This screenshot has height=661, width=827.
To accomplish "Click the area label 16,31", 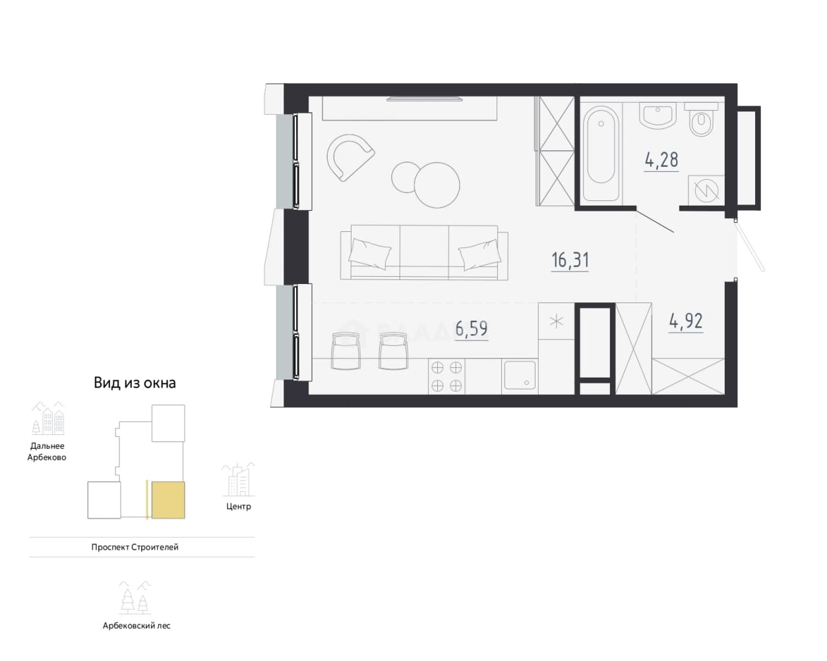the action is (570, 260).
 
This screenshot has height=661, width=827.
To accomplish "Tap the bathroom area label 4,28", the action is (661, 159).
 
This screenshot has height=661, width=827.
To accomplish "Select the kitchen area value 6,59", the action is (472, 329).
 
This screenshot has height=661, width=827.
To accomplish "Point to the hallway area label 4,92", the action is (686, 321).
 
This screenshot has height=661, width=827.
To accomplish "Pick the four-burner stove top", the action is (446, 376).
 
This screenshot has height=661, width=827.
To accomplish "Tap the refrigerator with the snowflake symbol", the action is (556, 322).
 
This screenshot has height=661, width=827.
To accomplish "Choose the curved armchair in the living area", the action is (350, 157).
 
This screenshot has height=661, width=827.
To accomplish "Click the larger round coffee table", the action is (437, 185).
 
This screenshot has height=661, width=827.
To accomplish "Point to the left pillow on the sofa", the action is (370, 253).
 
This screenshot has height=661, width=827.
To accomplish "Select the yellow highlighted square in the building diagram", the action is (168, 500).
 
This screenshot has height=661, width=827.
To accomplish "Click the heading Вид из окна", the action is (135, 383).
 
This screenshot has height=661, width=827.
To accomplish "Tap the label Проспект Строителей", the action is (135, 547).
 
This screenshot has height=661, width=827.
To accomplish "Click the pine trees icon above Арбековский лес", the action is (135, 598).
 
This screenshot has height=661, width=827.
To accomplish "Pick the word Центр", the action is (238, 506).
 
